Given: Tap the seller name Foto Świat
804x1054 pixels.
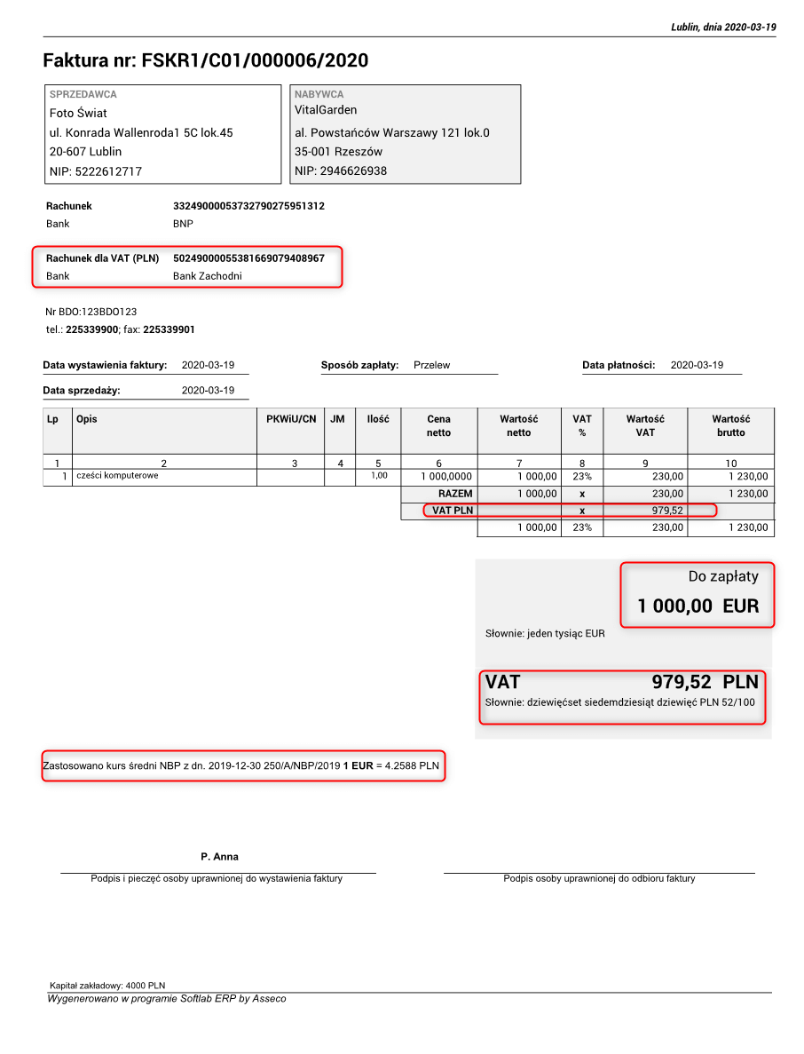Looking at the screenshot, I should click(78, 114).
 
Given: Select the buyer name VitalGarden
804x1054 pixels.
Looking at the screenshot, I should click(326, 110).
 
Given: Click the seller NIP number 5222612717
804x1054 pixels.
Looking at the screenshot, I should click(108, 171).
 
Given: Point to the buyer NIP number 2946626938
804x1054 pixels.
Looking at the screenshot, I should click(353, 170).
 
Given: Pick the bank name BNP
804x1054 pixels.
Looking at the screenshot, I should click(183, 224).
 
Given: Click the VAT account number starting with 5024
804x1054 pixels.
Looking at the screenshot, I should click(248, 258).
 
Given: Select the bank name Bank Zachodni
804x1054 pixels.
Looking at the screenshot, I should click(207, 276).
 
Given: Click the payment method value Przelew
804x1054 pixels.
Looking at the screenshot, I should click(431, 365).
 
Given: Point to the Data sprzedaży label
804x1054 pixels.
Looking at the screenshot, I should click(82, 391).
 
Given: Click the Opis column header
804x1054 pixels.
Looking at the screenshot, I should click(87, 419).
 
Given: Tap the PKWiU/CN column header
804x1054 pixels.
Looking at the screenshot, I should click(291, 419).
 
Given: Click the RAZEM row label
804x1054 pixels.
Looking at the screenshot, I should click(455, 494).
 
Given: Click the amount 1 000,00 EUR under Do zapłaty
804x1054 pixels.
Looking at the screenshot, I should click(698, 606).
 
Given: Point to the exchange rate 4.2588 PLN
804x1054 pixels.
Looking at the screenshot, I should click(412, 766).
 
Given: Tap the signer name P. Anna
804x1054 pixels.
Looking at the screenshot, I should click(219, 857).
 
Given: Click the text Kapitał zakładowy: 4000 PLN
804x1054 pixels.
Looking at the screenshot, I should click(107, 986).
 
